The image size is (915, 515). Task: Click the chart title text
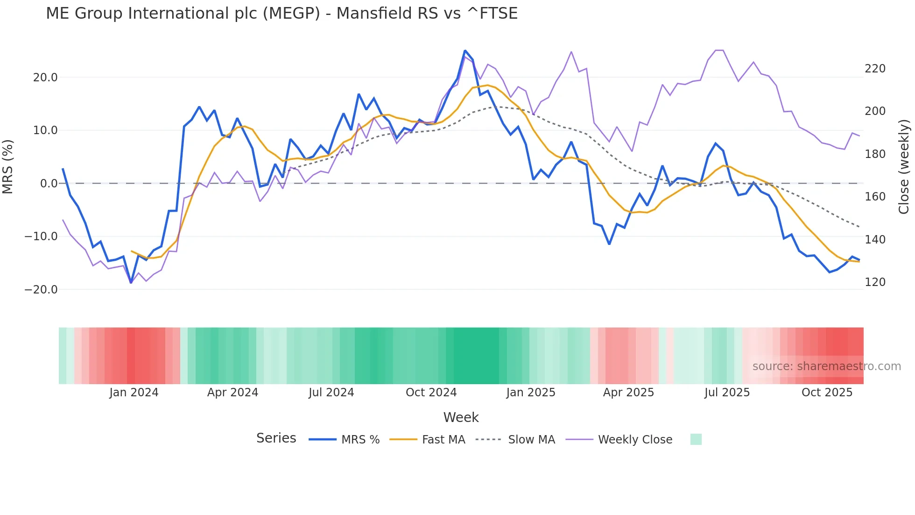(x=282, y=14)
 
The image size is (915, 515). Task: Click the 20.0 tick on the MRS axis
(x=45, y=78)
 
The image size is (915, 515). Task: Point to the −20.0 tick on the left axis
(x=41, y=290)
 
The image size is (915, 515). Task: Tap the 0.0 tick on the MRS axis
(x=49, y=184)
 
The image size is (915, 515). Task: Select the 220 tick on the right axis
(x=875, y=69)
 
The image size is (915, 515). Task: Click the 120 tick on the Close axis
(x=875, y=282)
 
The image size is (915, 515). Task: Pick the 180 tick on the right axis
(x=875, y=154)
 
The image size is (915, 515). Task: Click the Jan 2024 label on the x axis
(x=134, y=393)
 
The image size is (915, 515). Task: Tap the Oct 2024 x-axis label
(x=431, y=393)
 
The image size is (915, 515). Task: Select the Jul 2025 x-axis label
(x=727, y=393)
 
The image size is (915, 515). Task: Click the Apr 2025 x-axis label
(x=628, y=393)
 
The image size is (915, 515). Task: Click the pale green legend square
(x=696, y=439)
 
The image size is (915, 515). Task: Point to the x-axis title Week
(x=461, y=417)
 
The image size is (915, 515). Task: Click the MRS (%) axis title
(x=8, y=166)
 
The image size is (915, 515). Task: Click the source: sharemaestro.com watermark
(x=826, y=366)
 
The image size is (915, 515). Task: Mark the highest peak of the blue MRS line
(x=465, y=50)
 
